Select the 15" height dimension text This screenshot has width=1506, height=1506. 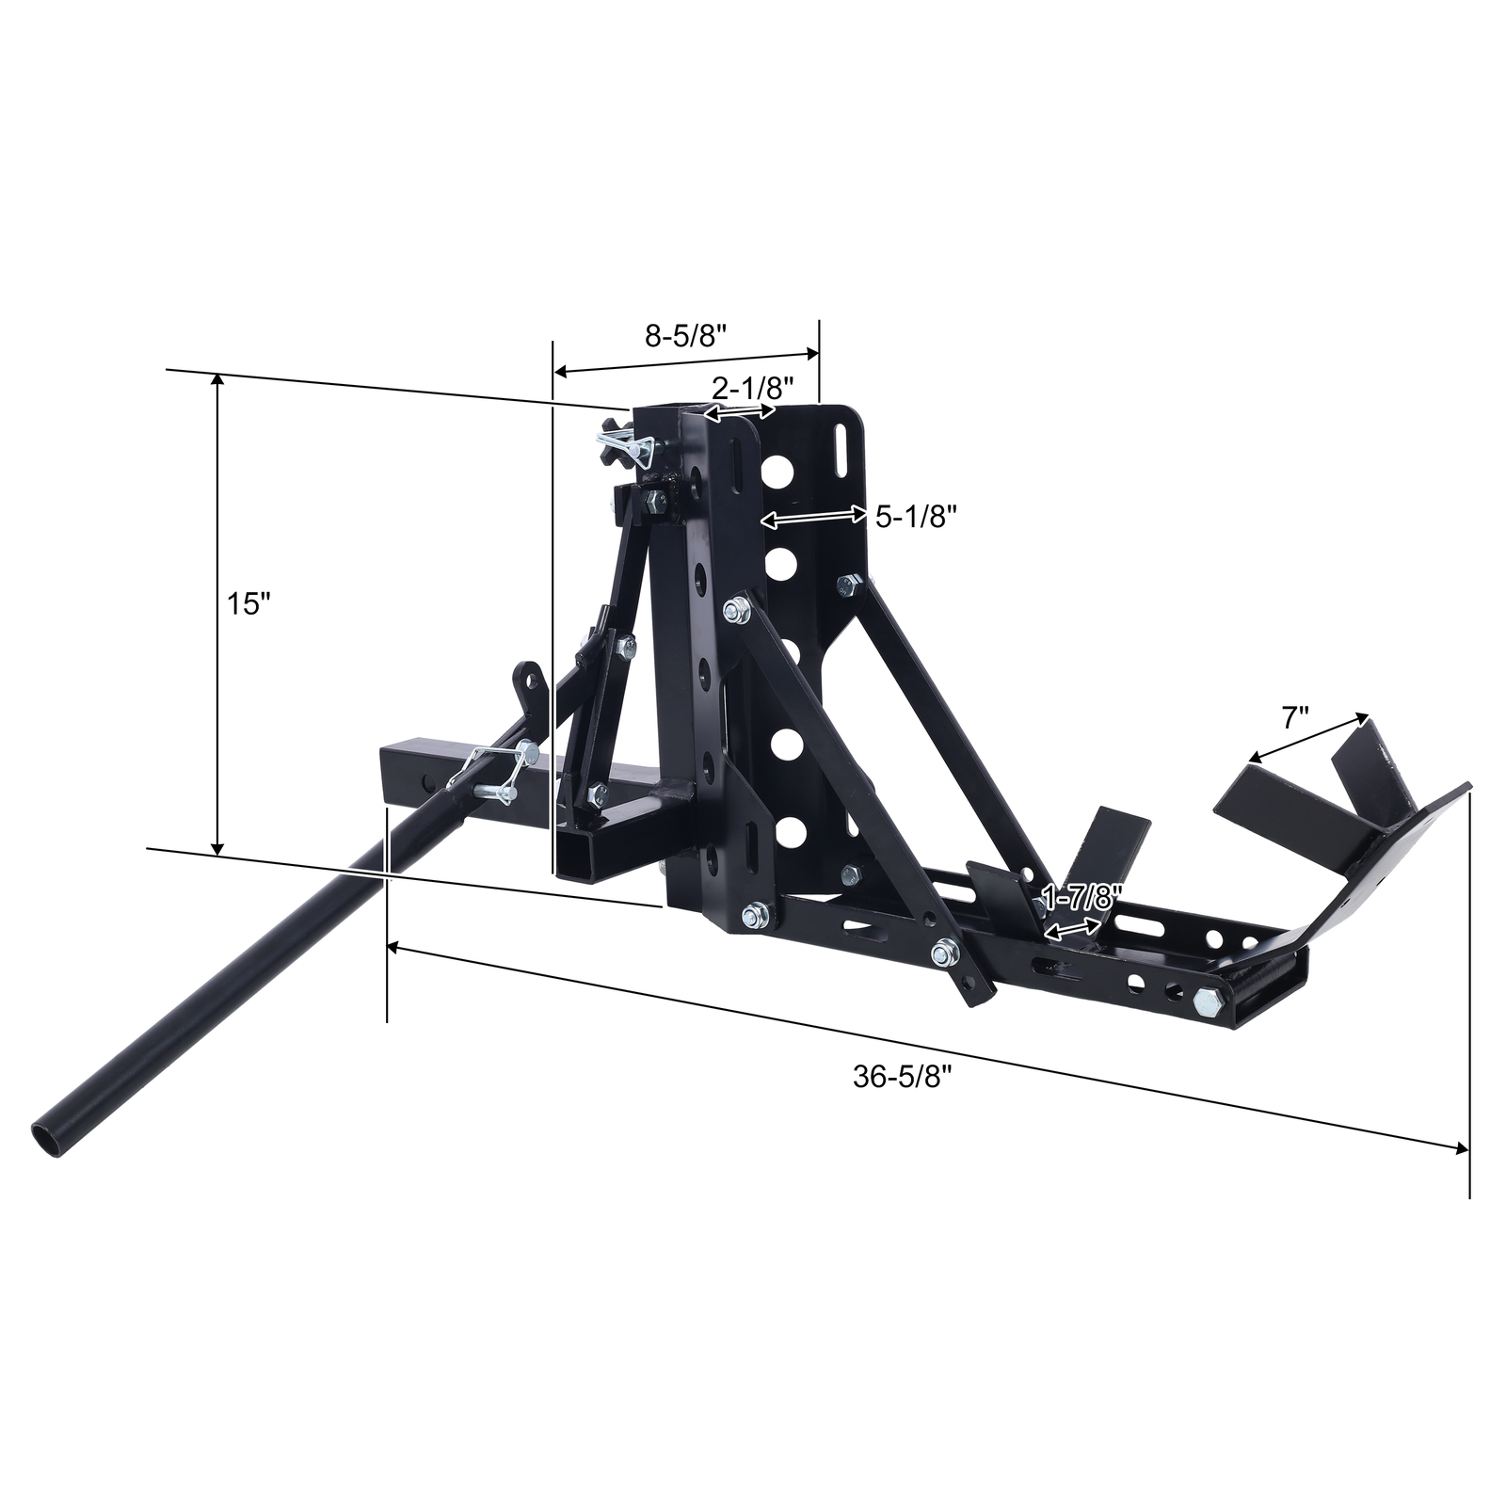tap(248, 603)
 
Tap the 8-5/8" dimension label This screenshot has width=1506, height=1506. tap(687, 336)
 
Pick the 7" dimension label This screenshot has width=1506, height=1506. tap(1295, 719)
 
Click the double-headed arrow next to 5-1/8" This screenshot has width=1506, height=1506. tap(813, 516)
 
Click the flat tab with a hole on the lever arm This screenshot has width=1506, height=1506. tap(529, 679)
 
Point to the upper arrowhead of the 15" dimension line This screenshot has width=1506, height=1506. tap(217, 378)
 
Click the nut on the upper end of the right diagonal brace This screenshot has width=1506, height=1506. tap(848, 586)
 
